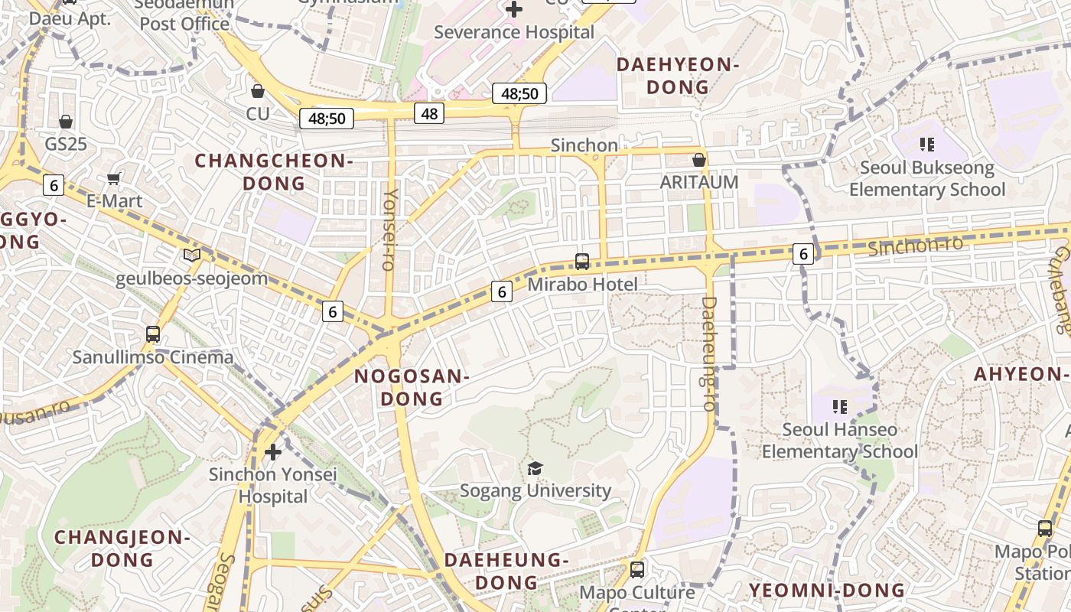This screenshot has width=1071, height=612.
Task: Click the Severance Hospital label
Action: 513,32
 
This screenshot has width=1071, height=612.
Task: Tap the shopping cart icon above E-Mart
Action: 114,179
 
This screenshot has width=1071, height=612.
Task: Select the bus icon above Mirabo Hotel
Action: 582,262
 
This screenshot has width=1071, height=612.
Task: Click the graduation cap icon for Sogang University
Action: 535,468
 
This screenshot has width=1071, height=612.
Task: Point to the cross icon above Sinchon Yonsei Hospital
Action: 272,452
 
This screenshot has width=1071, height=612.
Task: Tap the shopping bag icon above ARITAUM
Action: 698,160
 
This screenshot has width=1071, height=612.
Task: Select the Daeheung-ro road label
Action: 708,353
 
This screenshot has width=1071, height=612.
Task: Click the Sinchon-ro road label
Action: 915,246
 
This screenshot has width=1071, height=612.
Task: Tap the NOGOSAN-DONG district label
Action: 411,387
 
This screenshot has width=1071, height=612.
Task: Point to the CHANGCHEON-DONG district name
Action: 273,172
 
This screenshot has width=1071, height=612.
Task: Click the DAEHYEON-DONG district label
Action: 678,76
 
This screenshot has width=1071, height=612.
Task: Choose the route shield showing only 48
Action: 429,114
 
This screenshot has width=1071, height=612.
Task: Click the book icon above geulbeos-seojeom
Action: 192,255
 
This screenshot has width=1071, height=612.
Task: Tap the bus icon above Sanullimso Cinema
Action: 153,334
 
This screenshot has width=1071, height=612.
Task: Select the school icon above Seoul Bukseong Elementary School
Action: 927,144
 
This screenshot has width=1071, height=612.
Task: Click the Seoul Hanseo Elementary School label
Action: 839,441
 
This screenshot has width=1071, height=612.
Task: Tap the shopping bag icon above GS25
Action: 66,122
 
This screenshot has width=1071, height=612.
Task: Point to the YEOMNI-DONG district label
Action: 827,590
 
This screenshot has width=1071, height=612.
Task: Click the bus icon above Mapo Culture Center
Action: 636,570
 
